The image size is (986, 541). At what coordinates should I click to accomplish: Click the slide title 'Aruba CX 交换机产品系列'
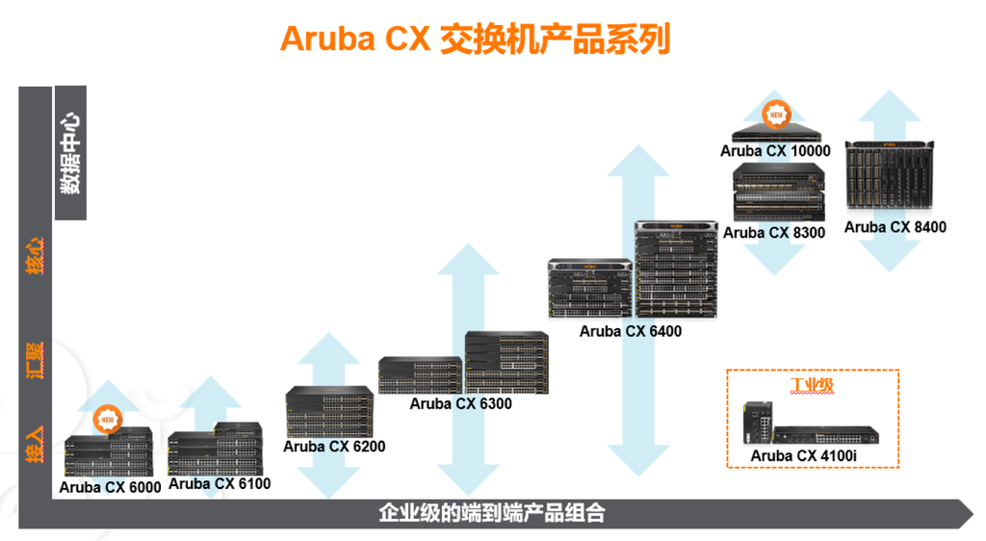coord(476,39)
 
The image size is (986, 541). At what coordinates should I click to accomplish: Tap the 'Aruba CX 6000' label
coord(110,488)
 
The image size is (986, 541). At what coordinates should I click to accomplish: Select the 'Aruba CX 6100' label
coord(220,484)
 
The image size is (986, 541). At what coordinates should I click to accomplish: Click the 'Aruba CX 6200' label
coord(334,447)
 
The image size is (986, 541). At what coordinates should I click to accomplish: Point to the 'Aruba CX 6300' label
coord(461,404)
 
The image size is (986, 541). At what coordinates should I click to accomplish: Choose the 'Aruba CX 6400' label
coord(630,331)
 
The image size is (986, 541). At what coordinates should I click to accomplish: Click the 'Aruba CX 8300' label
coord(774,233)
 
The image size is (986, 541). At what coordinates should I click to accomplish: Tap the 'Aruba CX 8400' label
coord(895,227)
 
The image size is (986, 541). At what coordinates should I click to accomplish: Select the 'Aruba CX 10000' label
coord(775,151)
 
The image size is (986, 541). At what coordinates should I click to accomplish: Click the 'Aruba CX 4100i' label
coord(804,456)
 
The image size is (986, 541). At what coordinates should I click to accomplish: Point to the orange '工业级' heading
coord(813,385)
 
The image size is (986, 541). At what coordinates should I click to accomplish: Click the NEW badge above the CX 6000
coord(108,419)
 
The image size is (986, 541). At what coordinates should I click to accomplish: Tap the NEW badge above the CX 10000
coord(777,115)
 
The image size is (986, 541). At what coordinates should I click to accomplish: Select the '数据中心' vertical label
coord(70,153)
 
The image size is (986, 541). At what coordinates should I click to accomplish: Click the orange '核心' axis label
coord(35,256)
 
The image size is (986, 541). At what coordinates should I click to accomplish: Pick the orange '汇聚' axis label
coord(35,361)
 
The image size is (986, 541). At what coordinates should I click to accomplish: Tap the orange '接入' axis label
coord(35,444)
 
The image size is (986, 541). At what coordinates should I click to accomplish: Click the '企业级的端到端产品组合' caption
coord(492,513)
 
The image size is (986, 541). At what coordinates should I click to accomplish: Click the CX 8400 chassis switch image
coord(889,175)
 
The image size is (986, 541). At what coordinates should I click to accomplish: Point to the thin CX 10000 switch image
coord(776,134)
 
